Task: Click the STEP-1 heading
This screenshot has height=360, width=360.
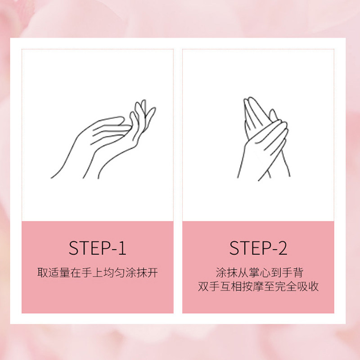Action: [97, 248]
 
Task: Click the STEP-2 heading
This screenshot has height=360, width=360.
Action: [258, 248]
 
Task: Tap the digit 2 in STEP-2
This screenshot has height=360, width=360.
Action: [282, 248]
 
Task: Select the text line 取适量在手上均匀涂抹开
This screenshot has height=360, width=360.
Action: [97, 273]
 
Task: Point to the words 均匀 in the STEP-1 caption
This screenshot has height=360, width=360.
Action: [113, 273]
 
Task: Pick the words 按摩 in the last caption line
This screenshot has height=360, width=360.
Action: [252, 287]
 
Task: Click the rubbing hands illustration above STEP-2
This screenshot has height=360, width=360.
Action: [263, 137]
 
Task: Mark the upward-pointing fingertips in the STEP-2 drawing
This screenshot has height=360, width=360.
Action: [249, 101]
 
